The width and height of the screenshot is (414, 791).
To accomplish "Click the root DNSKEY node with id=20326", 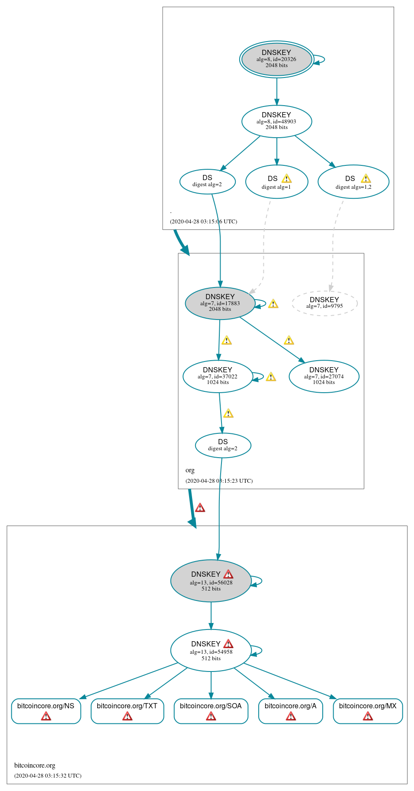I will (276, 59).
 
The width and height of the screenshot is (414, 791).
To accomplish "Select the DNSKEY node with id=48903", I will (276, 121).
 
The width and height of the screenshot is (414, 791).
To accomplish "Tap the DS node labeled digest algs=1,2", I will (353, 182).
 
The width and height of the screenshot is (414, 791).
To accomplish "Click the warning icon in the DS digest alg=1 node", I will (286, 178).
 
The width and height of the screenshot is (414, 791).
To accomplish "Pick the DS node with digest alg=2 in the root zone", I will (207, 181).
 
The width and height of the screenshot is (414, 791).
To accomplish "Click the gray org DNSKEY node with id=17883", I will (220, 303).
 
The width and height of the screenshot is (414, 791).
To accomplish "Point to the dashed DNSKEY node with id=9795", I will (324, 303).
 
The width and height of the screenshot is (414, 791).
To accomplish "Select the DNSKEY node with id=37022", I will (217, 376).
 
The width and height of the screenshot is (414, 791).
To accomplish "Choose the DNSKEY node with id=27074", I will (324, 376).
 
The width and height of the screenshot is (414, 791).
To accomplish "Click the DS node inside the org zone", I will (223, 445).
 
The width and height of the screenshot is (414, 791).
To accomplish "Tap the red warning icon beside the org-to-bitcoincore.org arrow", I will (200, 507).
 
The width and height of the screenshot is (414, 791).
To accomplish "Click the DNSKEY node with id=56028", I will (211, 581).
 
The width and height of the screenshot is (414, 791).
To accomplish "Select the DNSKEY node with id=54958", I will (211, 650).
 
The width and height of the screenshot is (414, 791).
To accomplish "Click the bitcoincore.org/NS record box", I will (46, 711).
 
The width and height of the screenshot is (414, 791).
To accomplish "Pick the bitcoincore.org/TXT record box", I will (127, 711).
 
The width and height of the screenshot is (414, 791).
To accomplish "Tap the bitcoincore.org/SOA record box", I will (211, 711).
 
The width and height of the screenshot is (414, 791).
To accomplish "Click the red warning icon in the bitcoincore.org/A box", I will (291, 717).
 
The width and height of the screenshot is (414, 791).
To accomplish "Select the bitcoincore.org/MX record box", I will (368, 711).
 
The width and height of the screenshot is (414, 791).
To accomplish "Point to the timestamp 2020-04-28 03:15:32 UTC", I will (48, 775).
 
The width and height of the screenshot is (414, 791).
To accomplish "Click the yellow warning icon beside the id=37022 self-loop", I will (271, 377).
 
